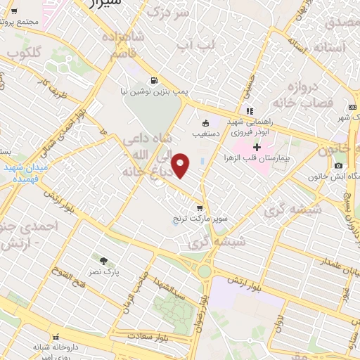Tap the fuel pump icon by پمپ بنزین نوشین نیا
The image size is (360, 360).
[x=153, y=79]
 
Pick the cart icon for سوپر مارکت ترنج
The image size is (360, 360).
[x=200, y=208]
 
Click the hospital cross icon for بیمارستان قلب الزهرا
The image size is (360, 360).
[x=257, y=147]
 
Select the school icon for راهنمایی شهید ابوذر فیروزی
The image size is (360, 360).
[x=249, y=110]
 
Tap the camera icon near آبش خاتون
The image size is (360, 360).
[x=339, y=166]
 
